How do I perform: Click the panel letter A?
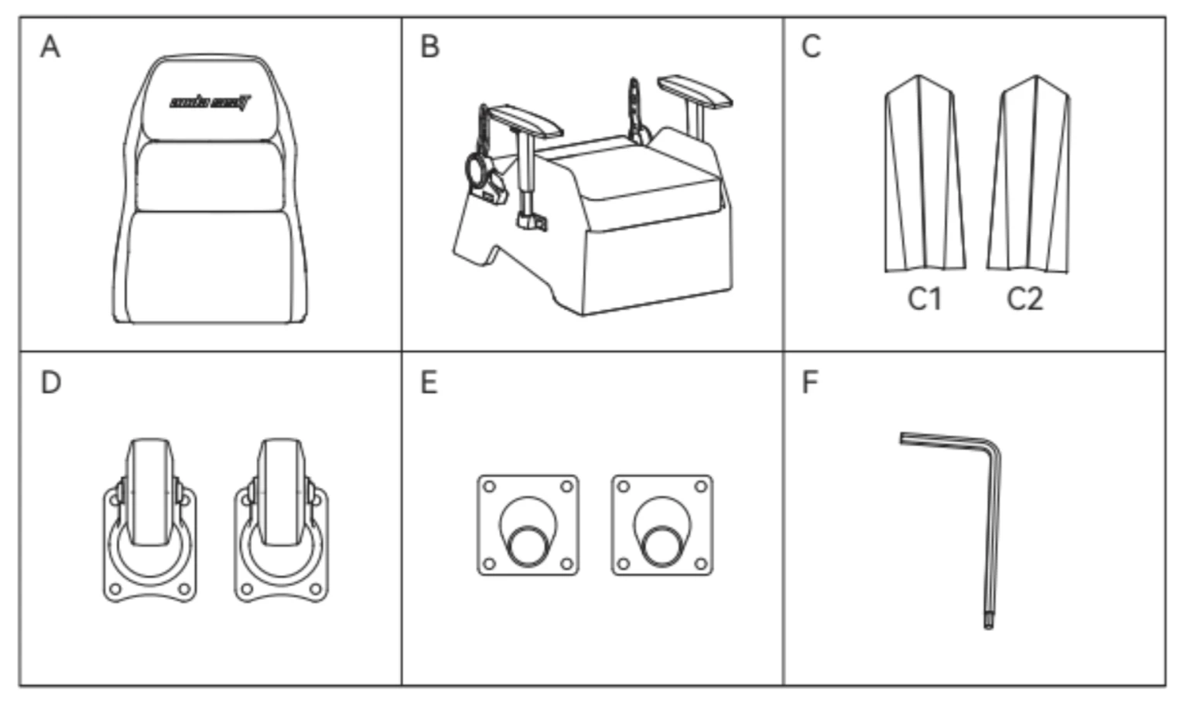50,46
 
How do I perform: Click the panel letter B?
429,46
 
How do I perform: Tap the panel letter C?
811,46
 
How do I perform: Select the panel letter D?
50,382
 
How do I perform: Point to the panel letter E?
429,382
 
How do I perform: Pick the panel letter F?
810,382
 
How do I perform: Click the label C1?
924,298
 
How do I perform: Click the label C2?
1025,298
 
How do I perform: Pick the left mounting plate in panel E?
528,525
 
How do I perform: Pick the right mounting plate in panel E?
662,525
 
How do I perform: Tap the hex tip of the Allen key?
988,622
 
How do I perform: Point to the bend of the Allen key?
991,446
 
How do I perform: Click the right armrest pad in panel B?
694,90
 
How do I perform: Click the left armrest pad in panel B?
525,120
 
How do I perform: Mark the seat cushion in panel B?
642,182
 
